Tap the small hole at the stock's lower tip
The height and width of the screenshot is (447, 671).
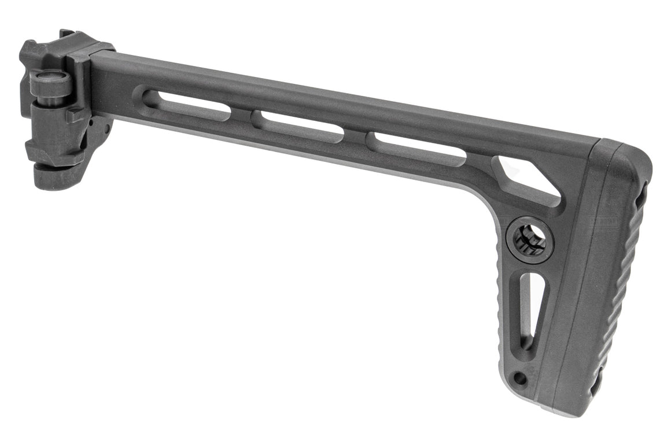click(520, 379)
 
